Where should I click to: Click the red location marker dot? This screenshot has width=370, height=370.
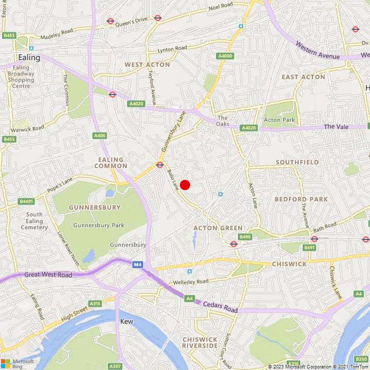click(x=185, y=184)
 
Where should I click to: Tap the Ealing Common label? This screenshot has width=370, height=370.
click(x=111, y=163)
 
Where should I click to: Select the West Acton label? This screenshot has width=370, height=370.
click(x=147, y=65)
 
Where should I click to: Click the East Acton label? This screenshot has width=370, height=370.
click(x=303, y=77)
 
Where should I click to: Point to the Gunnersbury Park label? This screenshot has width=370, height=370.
click(x=99, y=225)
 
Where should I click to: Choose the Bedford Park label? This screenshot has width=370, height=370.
click(x=298, y=199)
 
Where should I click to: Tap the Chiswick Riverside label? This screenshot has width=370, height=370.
click(x=200, y=343)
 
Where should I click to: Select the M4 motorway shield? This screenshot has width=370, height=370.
click(x=137, y=265)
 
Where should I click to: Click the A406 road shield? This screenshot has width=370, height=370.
click(x=100, y=136)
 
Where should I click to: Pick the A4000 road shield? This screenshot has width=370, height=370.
click(x=225, y=56)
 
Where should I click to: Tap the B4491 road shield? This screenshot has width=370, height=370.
click(x=26, y=201)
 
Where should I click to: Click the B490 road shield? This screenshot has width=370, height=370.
click(x=245, y=237)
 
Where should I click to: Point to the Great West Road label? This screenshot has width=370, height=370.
click(x=48, y=275)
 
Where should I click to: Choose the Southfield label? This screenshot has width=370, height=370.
click(x=297, y=162)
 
